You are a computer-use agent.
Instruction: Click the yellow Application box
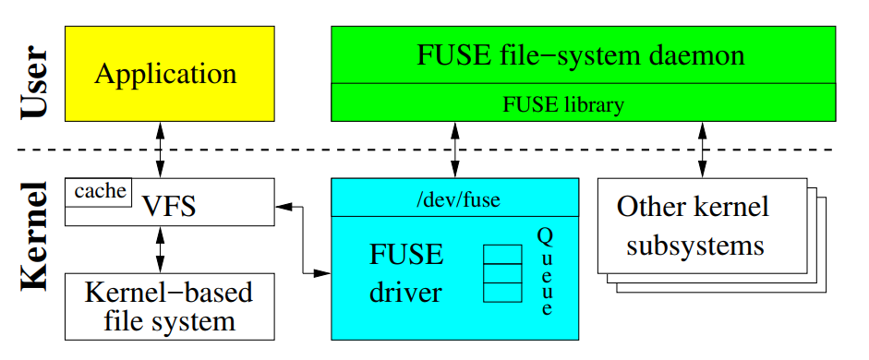(169, 74)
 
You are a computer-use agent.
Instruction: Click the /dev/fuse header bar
(454, 198)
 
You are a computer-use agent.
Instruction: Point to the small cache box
(98, 192)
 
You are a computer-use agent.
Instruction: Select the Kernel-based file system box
(169, 306)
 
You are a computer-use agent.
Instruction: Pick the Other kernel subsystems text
(693, 226)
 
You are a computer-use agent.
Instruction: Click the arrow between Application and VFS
(161, 150)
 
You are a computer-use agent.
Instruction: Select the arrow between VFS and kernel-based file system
(161, 249)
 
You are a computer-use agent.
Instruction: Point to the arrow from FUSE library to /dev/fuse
(454, 150)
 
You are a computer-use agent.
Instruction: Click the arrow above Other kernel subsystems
(702, 150)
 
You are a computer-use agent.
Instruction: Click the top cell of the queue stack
(502, 254)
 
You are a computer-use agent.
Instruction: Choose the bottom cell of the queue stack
(502, 293)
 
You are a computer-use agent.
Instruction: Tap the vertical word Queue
(546, 272)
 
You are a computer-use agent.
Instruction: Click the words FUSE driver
(407, 273)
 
